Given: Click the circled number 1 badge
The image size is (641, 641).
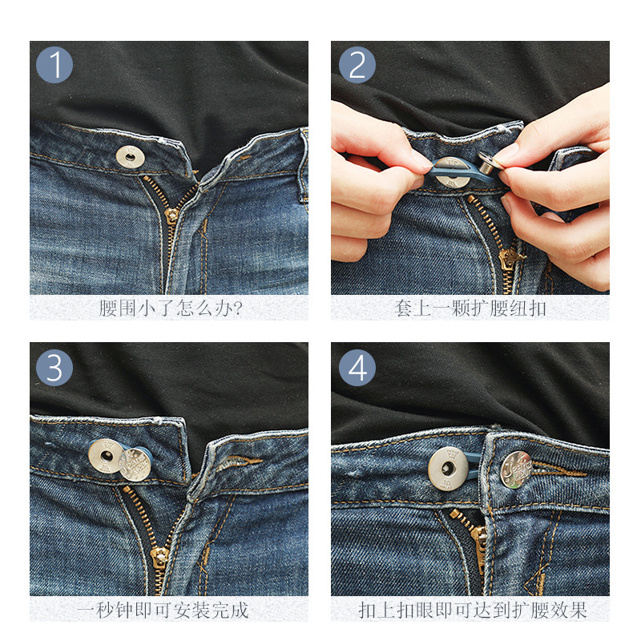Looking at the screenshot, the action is click(x=54, y=65).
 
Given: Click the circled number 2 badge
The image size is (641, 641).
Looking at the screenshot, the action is click(x=357, y=65).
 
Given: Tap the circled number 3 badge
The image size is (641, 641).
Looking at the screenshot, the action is click(x=54, y=368).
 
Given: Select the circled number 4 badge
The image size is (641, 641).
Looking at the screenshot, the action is click(x=357, y=368).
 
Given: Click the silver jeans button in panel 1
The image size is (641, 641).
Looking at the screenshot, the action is click(x=130, y=157).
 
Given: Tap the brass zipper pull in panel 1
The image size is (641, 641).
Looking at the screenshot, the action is click(x=171, y=215).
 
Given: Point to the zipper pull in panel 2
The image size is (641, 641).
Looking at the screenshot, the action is click(x=509, y=258).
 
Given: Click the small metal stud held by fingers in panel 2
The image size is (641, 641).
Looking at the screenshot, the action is click(x=489, y=163).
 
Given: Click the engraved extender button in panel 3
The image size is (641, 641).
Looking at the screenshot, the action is click(x=135, y=464).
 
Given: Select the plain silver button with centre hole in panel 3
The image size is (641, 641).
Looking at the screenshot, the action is click(x=106, y=455).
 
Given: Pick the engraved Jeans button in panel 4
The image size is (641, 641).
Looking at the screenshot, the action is click(x=516, y=470).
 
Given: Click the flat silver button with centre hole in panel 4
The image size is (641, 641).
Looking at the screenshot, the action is click(x=448, y=469).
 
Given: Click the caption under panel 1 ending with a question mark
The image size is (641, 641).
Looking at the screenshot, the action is click(x=171, y=308).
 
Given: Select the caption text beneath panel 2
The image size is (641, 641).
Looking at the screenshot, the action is click(x=470, y=308).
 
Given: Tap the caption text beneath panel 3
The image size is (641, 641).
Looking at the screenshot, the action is click(x=163, y=611).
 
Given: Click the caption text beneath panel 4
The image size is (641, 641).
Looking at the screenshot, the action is click(x=473, y=611).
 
